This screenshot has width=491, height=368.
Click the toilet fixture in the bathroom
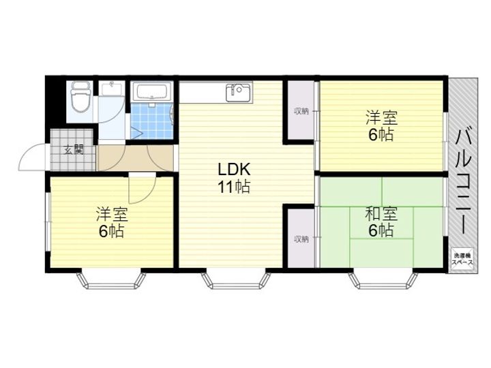[x=80, y=97]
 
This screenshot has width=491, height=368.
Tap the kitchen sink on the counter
[x=239, y=92]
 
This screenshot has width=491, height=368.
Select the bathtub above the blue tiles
[x=151, y=91]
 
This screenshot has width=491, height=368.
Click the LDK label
[x=234, y=169]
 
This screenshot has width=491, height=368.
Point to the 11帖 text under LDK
[x=234, y=187]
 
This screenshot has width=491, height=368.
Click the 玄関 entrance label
[x=74, y=150]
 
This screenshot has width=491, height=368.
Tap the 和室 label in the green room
[x=381, y=214]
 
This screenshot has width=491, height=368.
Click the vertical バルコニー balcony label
[x=464, y=181]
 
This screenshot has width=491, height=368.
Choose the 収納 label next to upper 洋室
[x=301, y=111]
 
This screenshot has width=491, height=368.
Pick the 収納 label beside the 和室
[x=301, y=239]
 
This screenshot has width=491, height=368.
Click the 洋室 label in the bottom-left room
[x=112, y=215]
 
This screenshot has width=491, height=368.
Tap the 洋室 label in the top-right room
[x=381, y=118]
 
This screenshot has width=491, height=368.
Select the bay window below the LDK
[x=236, y=280]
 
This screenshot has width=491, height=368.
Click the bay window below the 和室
[x=383, y=280]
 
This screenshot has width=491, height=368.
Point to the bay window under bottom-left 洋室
[x=111, y=280]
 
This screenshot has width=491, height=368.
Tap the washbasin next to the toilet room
[x=111, y=89]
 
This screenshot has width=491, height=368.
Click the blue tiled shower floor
[x=151, y=121]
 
